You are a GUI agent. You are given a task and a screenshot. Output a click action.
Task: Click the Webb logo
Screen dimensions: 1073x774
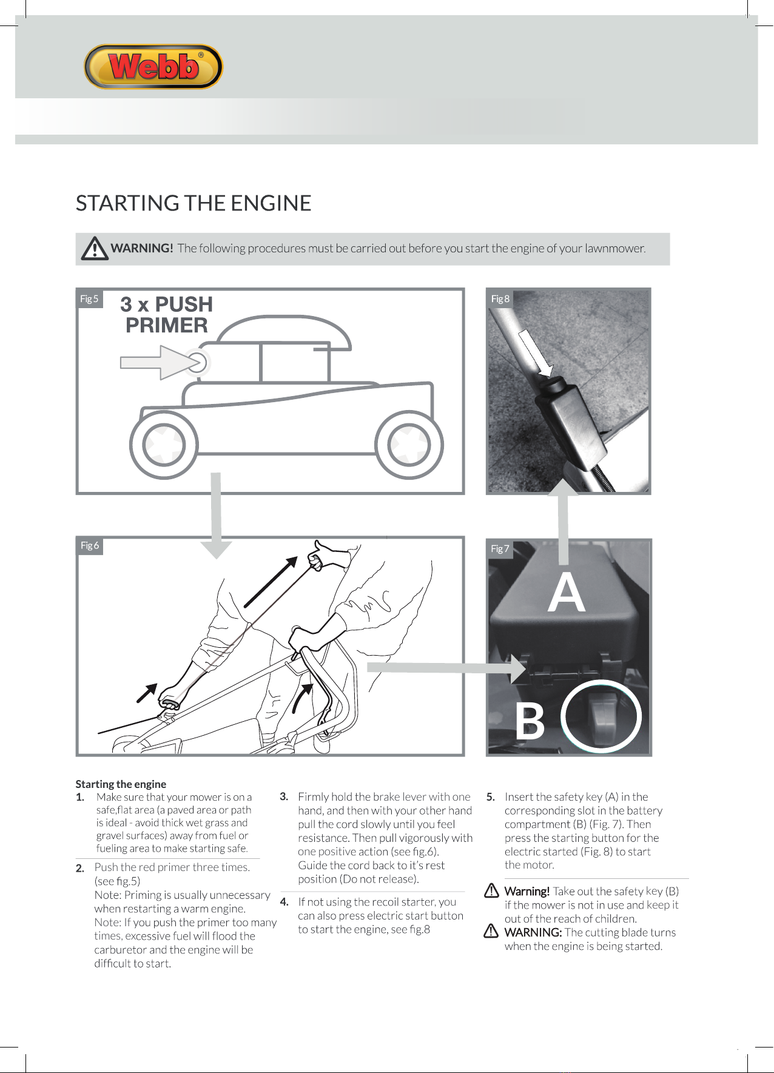pos(153,67)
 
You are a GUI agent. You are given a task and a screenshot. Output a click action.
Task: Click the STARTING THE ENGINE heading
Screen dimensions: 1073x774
pos(193,203)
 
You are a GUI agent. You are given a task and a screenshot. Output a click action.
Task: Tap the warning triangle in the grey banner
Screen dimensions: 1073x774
pos(95,249)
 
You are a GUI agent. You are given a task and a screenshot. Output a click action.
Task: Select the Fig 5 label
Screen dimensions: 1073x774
pos(89,299)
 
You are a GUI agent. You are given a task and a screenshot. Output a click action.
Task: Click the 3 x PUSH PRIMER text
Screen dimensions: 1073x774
pos(167,315)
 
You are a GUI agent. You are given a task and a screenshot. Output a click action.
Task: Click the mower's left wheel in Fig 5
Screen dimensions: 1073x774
pos(164,445)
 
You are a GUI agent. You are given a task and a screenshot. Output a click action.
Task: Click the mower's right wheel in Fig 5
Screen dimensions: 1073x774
pos(409,445)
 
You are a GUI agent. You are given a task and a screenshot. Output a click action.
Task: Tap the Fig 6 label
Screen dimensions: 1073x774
pos(90,545)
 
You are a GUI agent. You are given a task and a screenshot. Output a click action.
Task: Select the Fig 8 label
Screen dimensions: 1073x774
pos(500,299)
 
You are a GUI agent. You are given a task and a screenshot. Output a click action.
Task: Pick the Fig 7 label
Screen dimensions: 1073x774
pos(500,549)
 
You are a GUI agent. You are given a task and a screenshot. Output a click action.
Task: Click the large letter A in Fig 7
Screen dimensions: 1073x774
pos(566,593)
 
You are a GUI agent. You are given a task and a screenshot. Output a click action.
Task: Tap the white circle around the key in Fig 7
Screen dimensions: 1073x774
pos(601,716)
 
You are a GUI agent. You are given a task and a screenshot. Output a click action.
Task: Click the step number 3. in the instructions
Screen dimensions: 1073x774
pos(284,796)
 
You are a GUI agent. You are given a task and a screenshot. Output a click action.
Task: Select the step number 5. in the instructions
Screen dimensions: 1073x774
pos(491,797)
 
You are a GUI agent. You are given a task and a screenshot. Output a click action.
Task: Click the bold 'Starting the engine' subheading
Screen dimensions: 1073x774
pos(121,784)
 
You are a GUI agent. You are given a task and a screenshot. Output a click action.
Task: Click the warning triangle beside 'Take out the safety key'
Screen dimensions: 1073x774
pos(491,891)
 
